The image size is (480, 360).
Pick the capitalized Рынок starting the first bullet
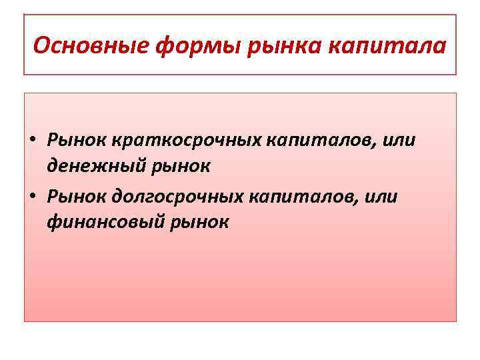tap(75, 141)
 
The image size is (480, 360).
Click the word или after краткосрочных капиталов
tap(398, 141)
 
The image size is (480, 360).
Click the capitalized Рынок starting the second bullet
tap(75, 197)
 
